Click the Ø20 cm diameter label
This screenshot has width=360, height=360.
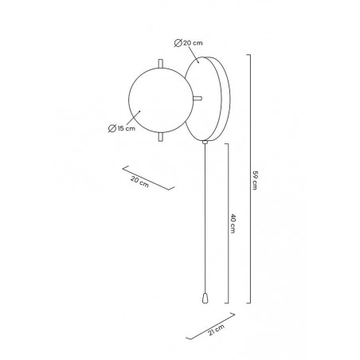(x=189, y=43)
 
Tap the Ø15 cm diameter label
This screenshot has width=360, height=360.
(x=122, y=128)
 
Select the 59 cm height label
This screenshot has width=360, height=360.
(x=255, y=180)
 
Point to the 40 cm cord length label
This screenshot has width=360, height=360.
(x=233, y=224)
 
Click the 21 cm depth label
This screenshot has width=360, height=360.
(x=217, y=330)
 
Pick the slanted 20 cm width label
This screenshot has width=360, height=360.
(x=139, y=182)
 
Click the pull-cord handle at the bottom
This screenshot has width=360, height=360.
(x=205, y=298)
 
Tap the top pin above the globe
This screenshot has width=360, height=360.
(x=160, y=64)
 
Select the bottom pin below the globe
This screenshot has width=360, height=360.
(x=160, y=137)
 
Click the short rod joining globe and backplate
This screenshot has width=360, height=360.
(x=198, y=99)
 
